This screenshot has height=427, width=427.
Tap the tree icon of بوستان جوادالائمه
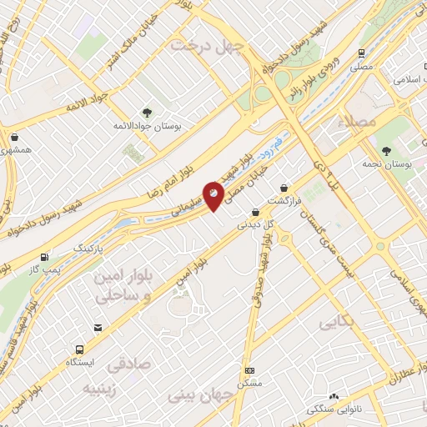[147, 113]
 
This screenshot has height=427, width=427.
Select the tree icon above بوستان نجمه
[386, 151]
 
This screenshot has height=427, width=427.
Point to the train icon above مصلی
[361, 51]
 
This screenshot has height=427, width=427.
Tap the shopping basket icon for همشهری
[15, 135]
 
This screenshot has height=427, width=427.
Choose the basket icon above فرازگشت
[286, 188]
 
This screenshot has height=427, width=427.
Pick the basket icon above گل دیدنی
[254, 212]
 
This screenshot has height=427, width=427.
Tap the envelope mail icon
[98, 328]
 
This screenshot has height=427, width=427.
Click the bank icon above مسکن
[249, 370]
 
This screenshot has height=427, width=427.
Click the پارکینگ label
[91, 249]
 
